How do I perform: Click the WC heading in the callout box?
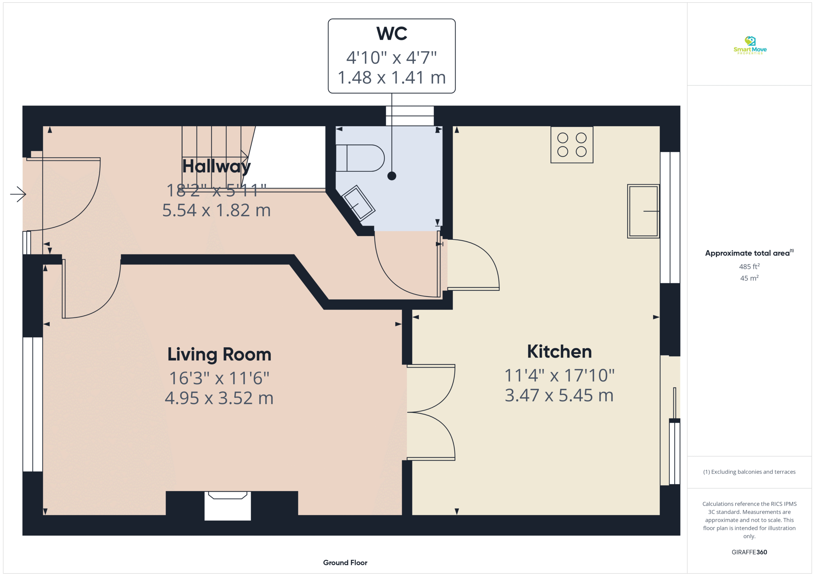[392, 33]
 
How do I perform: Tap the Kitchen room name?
[559, 351]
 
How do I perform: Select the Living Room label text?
[219, 354]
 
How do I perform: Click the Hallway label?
[216, 166]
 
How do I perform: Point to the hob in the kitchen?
[572, 145]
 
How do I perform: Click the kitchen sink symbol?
[643, 211]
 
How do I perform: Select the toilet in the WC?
[359, 158]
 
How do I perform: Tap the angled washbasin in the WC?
[358, 203]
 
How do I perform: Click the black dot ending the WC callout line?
[392, 176]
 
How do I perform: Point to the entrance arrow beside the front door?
[18, 194]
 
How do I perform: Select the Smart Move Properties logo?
[750, 45]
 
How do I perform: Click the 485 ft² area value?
[749, 266]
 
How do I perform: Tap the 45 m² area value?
[749, 278]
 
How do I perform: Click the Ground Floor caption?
[345, 563]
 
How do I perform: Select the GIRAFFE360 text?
[749, 552]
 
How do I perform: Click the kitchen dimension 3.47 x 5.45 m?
[559, 395]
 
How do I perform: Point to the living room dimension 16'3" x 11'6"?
[219, 378]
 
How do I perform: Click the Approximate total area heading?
[749, 253]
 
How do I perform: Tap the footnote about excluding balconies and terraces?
[749, 472]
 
